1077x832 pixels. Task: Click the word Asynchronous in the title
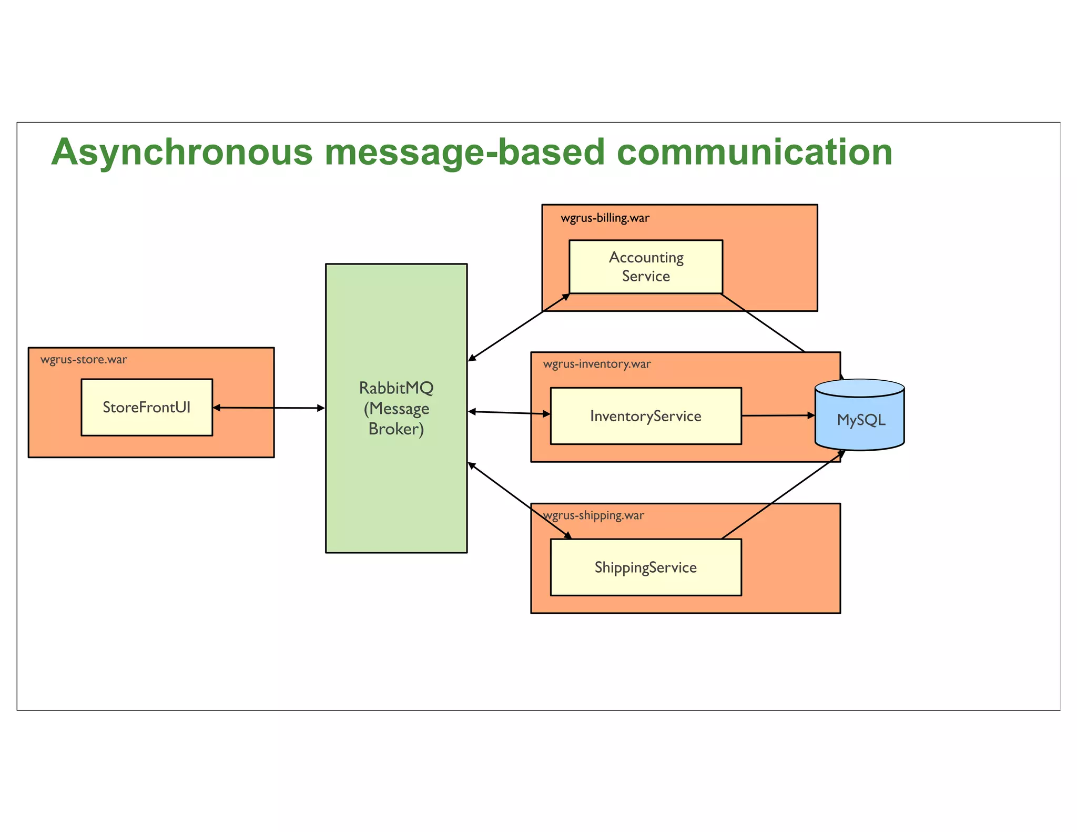182,153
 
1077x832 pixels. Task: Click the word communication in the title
754,153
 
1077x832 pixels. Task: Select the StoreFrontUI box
147,407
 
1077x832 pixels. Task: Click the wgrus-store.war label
84,360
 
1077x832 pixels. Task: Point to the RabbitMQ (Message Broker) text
396,408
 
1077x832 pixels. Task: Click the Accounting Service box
646,267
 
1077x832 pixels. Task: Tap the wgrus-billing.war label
605,218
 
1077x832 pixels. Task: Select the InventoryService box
646,416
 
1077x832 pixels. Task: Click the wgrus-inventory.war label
597,364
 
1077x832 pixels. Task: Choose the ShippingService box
646,567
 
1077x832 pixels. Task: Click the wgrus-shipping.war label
594,515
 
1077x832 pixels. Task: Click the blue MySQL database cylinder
860,419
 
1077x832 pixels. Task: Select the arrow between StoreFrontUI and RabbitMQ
269,408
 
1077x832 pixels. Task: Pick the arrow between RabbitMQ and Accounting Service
518,327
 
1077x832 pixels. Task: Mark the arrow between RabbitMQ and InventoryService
509,413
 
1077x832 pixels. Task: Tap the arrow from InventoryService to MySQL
778,415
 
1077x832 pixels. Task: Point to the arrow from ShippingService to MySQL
783,494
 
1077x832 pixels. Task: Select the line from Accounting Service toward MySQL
763,323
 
